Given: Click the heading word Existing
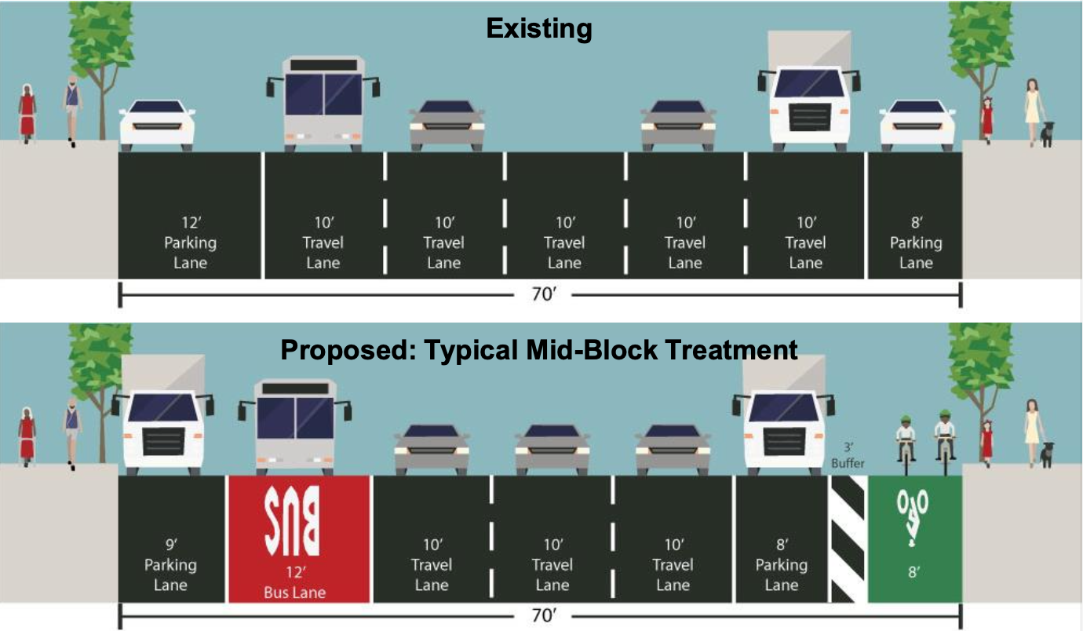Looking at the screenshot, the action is (539, 28).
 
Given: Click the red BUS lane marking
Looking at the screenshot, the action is (292, 520).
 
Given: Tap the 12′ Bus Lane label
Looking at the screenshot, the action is (294, 582).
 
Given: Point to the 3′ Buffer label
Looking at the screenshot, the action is (848, 455).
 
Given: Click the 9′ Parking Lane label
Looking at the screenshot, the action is (170, 565).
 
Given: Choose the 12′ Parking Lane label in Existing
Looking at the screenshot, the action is (190, 243).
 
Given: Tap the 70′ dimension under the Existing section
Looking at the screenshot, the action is (544, 294).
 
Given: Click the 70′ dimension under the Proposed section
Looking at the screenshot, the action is (544, 615).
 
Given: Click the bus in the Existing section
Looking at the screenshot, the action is (323, 104).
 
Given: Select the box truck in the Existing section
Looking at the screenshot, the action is (809, 91).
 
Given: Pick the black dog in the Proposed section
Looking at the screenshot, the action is (1047, 454).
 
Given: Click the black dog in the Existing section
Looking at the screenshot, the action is (1047, 134).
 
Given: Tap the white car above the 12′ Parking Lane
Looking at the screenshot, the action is (157, 126).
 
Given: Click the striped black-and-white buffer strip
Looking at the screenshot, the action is (848, 538).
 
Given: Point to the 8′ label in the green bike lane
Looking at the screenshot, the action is (913, 572).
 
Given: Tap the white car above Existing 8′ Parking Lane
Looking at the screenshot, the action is (917, 126).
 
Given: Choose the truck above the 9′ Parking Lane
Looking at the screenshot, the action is (163, 415).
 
